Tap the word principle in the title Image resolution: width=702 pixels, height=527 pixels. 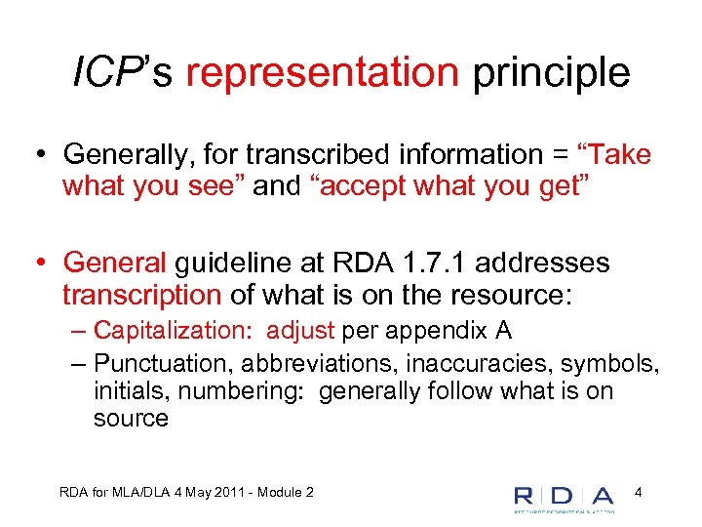552,73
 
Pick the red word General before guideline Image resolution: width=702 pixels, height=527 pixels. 115,263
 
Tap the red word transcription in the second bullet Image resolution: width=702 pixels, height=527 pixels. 141,294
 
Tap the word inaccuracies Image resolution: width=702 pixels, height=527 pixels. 467,364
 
